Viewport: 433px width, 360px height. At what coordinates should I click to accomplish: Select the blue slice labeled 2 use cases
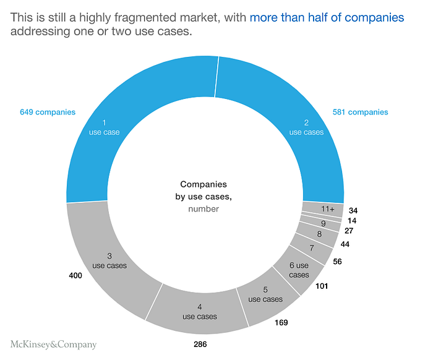[306, 127]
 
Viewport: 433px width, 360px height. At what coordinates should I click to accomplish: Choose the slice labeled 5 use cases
[265, 294]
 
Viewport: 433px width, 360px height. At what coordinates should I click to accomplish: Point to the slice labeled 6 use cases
[299, 270]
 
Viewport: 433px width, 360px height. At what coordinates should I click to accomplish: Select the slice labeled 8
[319, 234]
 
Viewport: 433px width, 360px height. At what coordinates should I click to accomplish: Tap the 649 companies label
[47, 112]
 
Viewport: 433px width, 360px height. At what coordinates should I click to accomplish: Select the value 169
[281, 322]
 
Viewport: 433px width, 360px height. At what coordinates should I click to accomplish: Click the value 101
[321, 286]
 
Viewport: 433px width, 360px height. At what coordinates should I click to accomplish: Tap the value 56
[338, 262]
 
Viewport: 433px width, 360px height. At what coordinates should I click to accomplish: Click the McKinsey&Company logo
[54, 345]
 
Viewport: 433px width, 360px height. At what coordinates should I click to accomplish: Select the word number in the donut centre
[204, 209]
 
